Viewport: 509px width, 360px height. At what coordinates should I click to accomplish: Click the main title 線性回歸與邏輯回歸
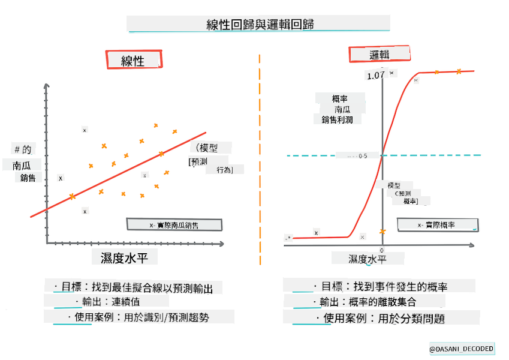tap(259, 24)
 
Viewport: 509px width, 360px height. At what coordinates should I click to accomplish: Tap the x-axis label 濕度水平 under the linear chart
tap(125, 257)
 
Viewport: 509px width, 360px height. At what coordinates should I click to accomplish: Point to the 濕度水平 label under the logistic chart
tap(368, 259)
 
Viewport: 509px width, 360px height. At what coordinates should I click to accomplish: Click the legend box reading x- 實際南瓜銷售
tap(174, 225)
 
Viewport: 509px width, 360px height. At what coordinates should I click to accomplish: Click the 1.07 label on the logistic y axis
tap(376, 76)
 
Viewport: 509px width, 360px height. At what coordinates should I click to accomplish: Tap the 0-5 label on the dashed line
tap(363, 156)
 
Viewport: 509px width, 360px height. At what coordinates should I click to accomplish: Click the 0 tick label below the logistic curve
tap(382, 250)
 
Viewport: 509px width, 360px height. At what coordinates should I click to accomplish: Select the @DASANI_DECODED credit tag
tap(462, 349)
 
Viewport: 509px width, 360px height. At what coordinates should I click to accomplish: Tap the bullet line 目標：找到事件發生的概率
tap(390, 286)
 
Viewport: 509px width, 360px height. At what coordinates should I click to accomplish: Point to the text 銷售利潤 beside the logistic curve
tap(337, 119)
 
